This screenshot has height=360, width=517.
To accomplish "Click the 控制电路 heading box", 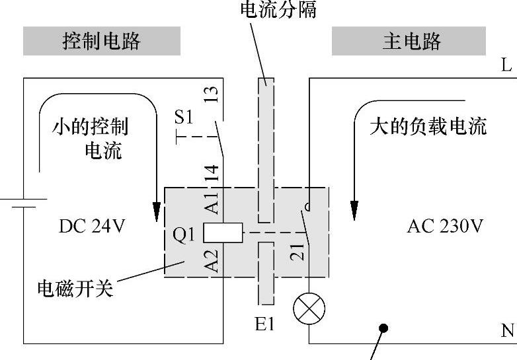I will click(102, 42).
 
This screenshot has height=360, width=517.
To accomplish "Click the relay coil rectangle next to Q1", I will click(223, 233).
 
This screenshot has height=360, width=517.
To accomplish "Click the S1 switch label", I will click(184, 118).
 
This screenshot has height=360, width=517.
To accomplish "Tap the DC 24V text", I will click(91, 226).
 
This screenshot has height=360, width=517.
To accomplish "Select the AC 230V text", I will click(444, 226).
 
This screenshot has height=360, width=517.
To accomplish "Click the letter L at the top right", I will click(506, 65).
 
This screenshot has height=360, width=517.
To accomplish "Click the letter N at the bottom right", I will click(507, 330).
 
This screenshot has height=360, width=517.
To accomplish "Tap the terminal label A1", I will click(211, 203).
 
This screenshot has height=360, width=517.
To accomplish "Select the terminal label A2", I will click(211, 261).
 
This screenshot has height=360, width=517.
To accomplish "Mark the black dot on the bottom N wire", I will click(383, 328).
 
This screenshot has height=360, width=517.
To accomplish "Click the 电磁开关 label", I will click(75, 288).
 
